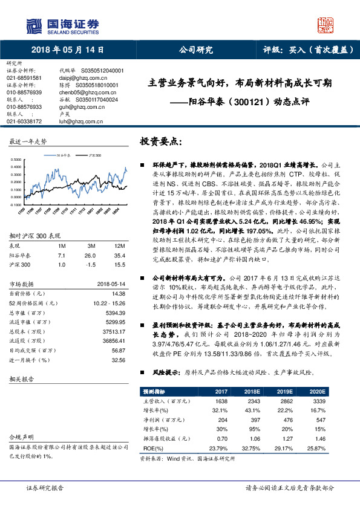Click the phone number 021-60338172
coord(24,121)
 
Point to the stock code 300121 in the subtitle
coord(247,103)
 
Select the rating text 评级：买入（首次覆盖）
coord(309,50)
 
